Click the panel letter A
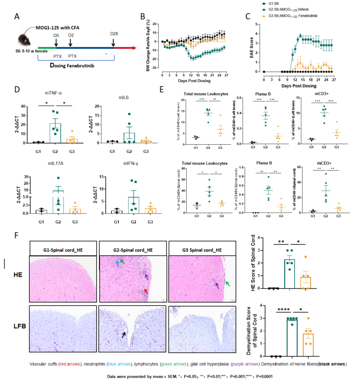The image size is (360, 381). click(x=17, y=17)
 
